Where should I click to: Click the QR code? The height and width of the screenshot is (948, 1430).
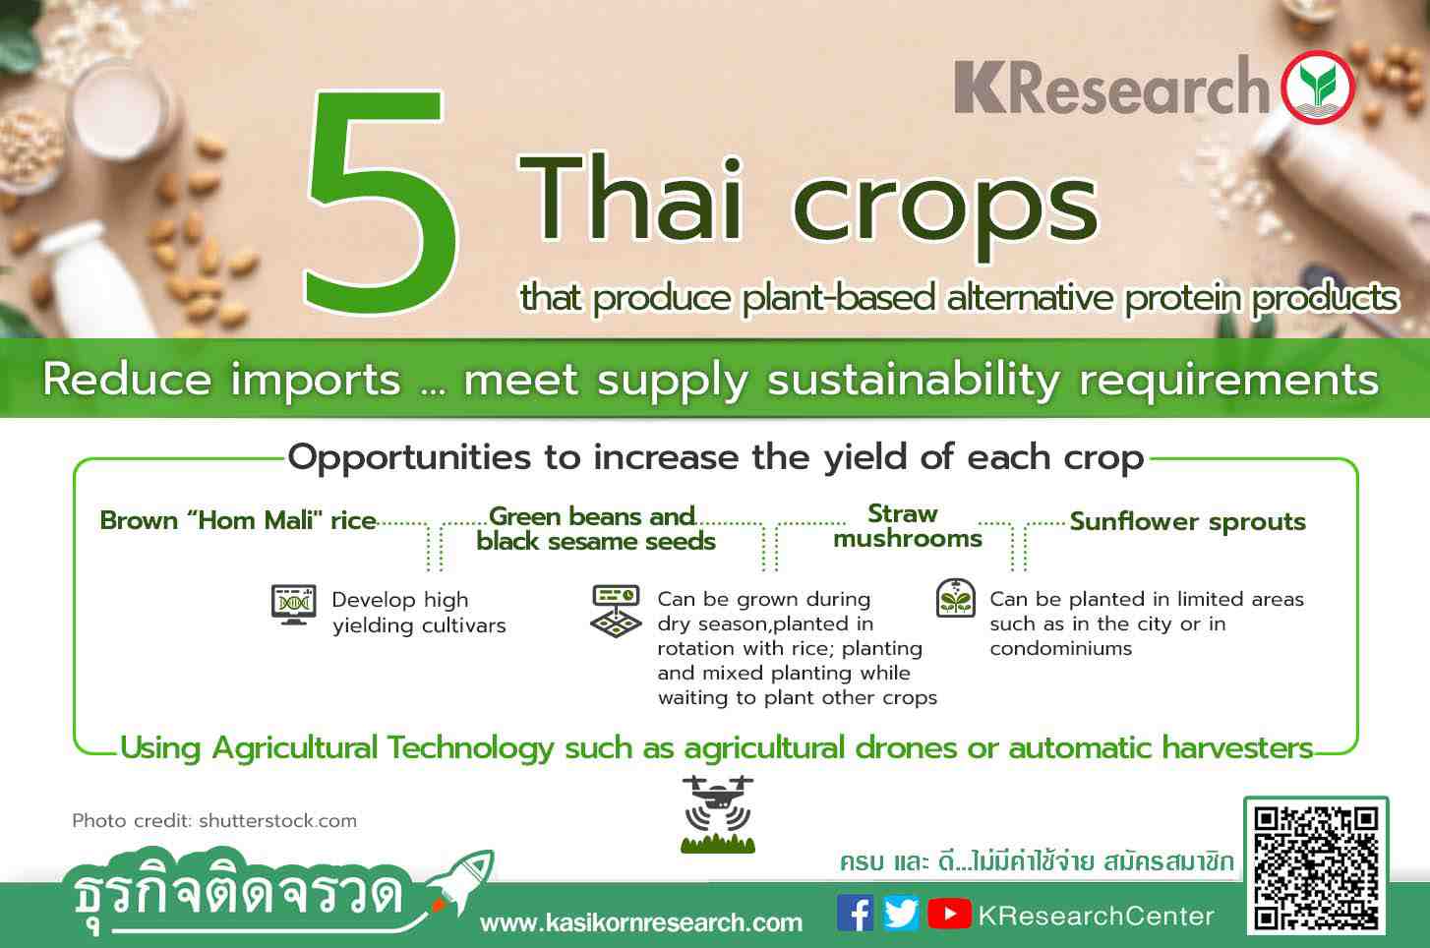1316,866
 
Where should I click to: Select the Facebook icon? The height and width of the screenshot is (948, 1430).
855,914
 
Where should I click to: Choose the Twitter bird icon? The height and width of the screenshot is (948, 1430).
901,914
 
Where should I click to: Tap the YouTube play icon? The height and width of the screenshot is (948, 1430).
949,914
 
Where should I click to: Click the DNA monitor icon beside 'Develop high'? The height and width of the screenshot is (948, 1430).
293,604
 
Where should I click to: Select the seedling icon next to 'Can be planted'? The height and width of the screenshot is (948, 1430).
955,598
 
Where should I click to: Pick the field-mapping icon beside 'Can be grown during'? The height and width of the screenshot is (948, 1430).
616,611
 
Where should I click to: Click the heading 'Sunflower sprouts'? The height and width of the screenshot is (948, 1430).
1187,521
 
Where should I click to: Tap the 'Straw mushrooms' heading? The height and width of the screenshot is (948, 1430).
907,526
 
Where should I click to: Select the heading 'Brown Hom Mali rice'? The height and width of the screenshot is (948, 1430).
238,520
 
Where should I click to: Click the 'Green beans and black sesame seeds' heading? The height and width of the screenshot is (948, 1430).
596,529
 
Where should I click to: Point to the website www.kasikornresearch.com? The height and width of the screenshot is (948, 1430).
641,922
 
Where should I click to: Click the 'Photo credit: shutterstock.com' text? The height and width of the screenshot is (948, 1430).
214,820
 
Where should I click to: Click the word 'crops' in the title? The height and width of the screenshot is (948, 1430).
945,206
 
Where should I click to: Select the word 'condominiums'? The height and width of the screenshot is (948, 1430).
1060,649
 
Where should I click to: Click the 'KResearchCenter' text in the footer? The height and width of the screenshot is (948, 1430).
1096,916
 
